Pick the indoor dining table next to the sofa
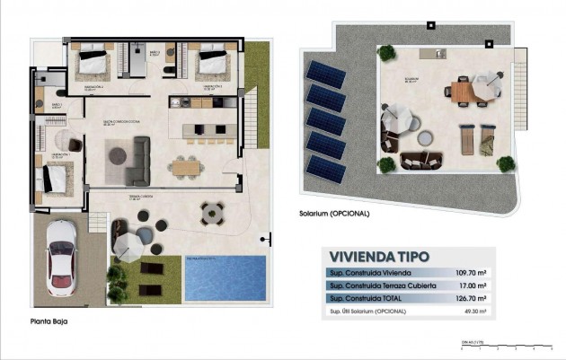(188, 165)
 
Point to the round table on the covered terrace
(213, 213)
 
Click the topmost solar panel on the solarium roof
(325, 73)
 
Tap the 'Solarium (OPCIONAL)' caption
(333, 215)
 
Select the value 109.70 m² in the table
(470, 271)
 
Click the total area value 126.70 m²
(470, 298)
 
